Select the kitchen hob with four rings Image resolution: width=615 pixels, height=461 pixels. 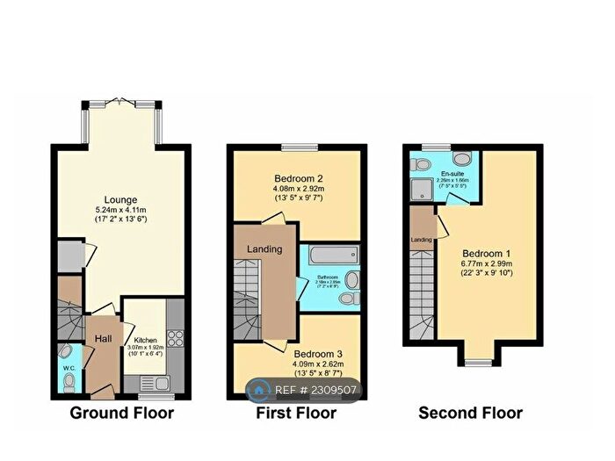coord(173,339)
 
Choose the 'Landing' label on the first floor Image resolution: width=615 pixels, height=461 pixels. coord(264,249)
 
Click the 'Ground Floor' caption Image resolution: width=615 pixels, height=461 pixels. coord(121,413)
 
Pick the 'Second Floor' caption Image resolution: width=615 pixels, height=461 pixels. coord(470,413)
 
